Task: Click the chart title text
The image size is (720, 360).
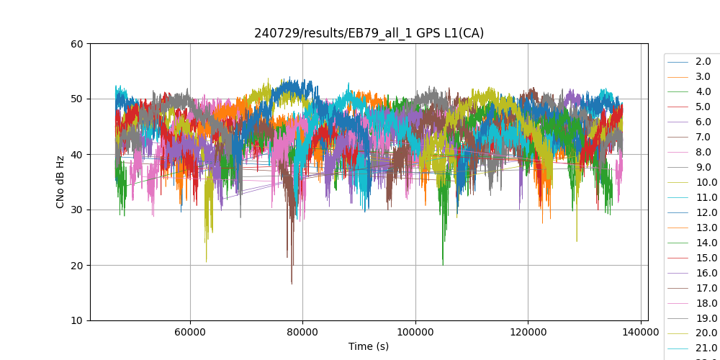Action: coord(369,33)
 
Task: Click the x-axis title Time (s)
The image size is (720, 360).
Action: coord(369,346)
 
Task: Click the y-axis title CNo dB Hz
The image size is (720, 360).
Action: coord(60,182)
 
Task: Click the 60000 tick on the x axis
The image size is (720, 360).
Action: coord(190,333)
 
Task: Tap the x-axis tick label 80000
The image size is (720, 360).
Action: coord(302,333)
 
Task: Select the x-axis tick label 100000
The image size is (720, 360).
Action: coord(415,333)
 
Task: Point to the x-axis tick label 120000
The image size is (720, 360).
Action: coord(528,333)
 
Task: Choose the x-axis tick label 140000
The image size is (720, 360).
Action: coord(640,333)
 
